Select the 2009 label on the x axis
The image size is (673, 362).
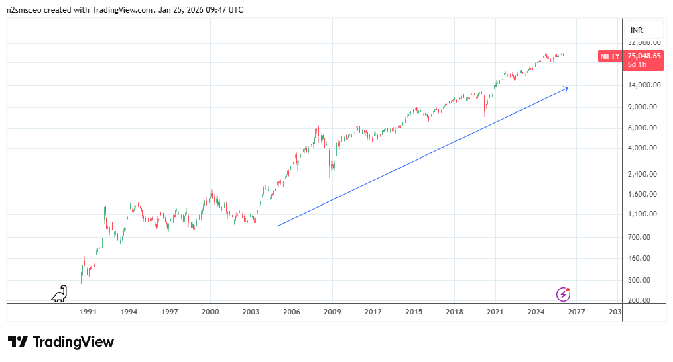(x=332, y=312)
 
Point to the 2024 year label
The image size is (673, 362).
(x=536, y=312)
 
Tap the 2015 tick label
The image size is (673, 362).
(x=414, y=312)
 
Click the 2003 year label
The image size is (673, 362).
(x=251, y=312)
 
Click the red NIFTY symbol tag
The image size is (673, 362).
(x=609, y=57)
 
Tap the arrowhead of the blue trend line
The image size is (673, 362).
(x=566, y=88)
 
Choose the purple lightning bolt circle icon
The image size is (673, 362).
(x=564, y=293)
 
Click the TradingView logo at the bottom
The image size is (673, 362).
(x=61, y=342)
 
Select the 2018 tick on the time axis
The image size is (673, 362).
(x=454, y=312)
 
